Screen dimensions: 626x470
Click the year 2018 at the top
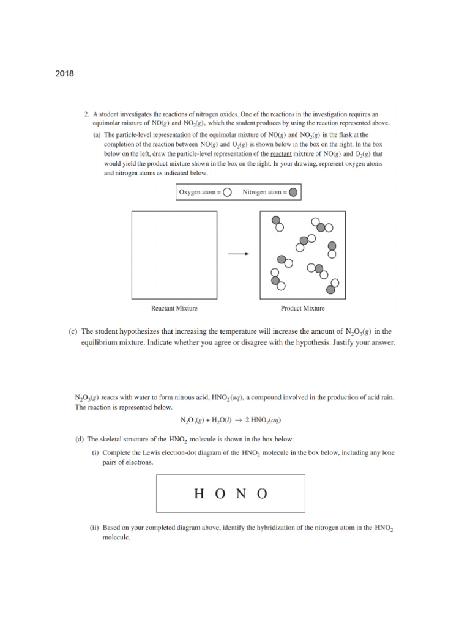pos(64,74)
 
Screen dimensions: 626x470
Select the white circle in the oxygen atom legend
pos(227,193)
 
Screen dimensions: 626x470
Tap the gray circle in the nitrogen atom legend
pos(293,193)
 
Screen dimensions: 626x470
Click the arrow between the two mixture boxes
pos(239,254)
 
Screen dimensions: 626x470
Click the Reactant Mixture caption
pos(174,308)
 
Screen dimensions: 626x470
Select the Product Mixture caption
pos(302,308)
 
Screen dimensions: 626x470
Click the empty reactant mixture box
pos(174,254)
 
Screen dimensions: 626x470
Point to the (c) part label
pos(72,332)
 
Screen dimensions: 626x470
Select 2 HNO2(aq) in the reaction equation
pos(263,421)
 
